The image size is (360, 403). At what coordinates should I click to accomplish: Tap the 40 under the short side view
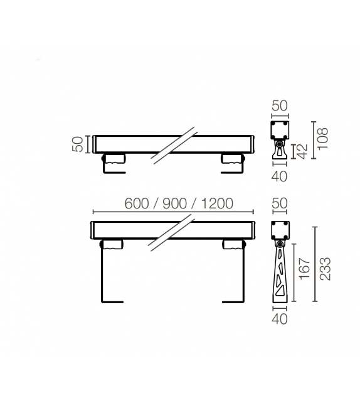tap(279, 176)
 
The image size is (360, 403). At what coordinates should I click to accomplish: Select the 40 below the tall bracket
tap(279, 320)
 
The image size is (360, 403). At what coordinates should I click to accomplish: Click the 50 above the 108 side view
tap(279, 105)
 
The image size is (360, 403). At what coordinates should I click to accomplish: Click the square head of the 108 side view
tap(279, 130)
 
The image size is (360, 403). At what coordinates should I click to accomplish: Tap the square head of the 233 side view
tap(279, 230)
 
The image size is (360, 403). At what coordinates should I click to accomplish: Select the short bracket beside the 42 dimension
tap(278, 151)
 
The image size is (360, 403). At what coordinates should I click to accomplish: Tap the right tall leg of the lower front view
tap(243, 276)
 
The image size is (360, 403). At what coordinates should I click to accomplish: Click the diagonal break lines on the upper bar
tap(174, 146)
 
